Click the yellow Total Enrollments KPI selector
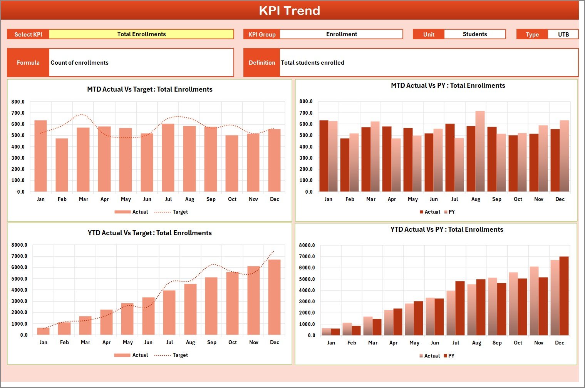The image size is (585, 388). (x=141, y=34)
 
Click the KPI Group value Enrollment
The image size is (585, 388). (x=341, y=34)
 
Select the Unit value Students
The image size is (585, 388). (x=474, y=34)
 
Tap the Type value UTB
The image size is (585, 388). (x=563, y=35)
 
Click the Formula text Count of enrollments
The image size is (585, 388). (x=80, y=63)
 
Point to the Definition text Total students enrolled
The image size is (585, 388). (x=313, y=63)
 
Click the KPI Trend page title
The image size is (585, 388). (x=290, y=10)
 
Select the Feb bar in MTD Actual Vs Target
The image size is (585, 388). (x=62, y=165)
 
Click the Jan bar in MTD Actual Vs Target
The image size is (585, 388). (x=40, y=156)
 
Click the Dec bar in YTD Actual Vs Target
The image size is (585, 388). (x=275, y=297)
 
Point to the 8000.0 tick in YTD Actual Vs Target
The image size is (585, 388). (x=19, y=245)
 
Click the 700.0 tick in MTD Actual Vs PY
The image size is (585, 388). (x=306, y=113)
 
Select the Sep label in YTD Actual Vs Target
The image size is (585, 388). (x=211, y=343)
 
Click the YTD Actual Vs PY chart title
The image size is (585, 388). (x=447, y=229)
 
